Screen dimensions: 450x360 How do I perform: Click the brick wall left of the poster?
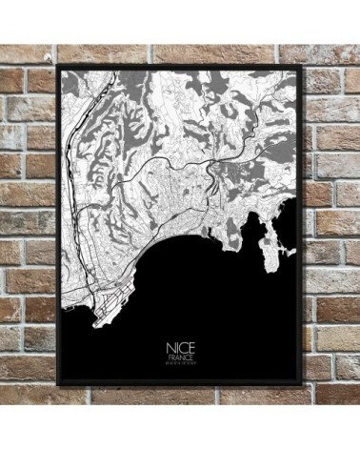tap(27, 229)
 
